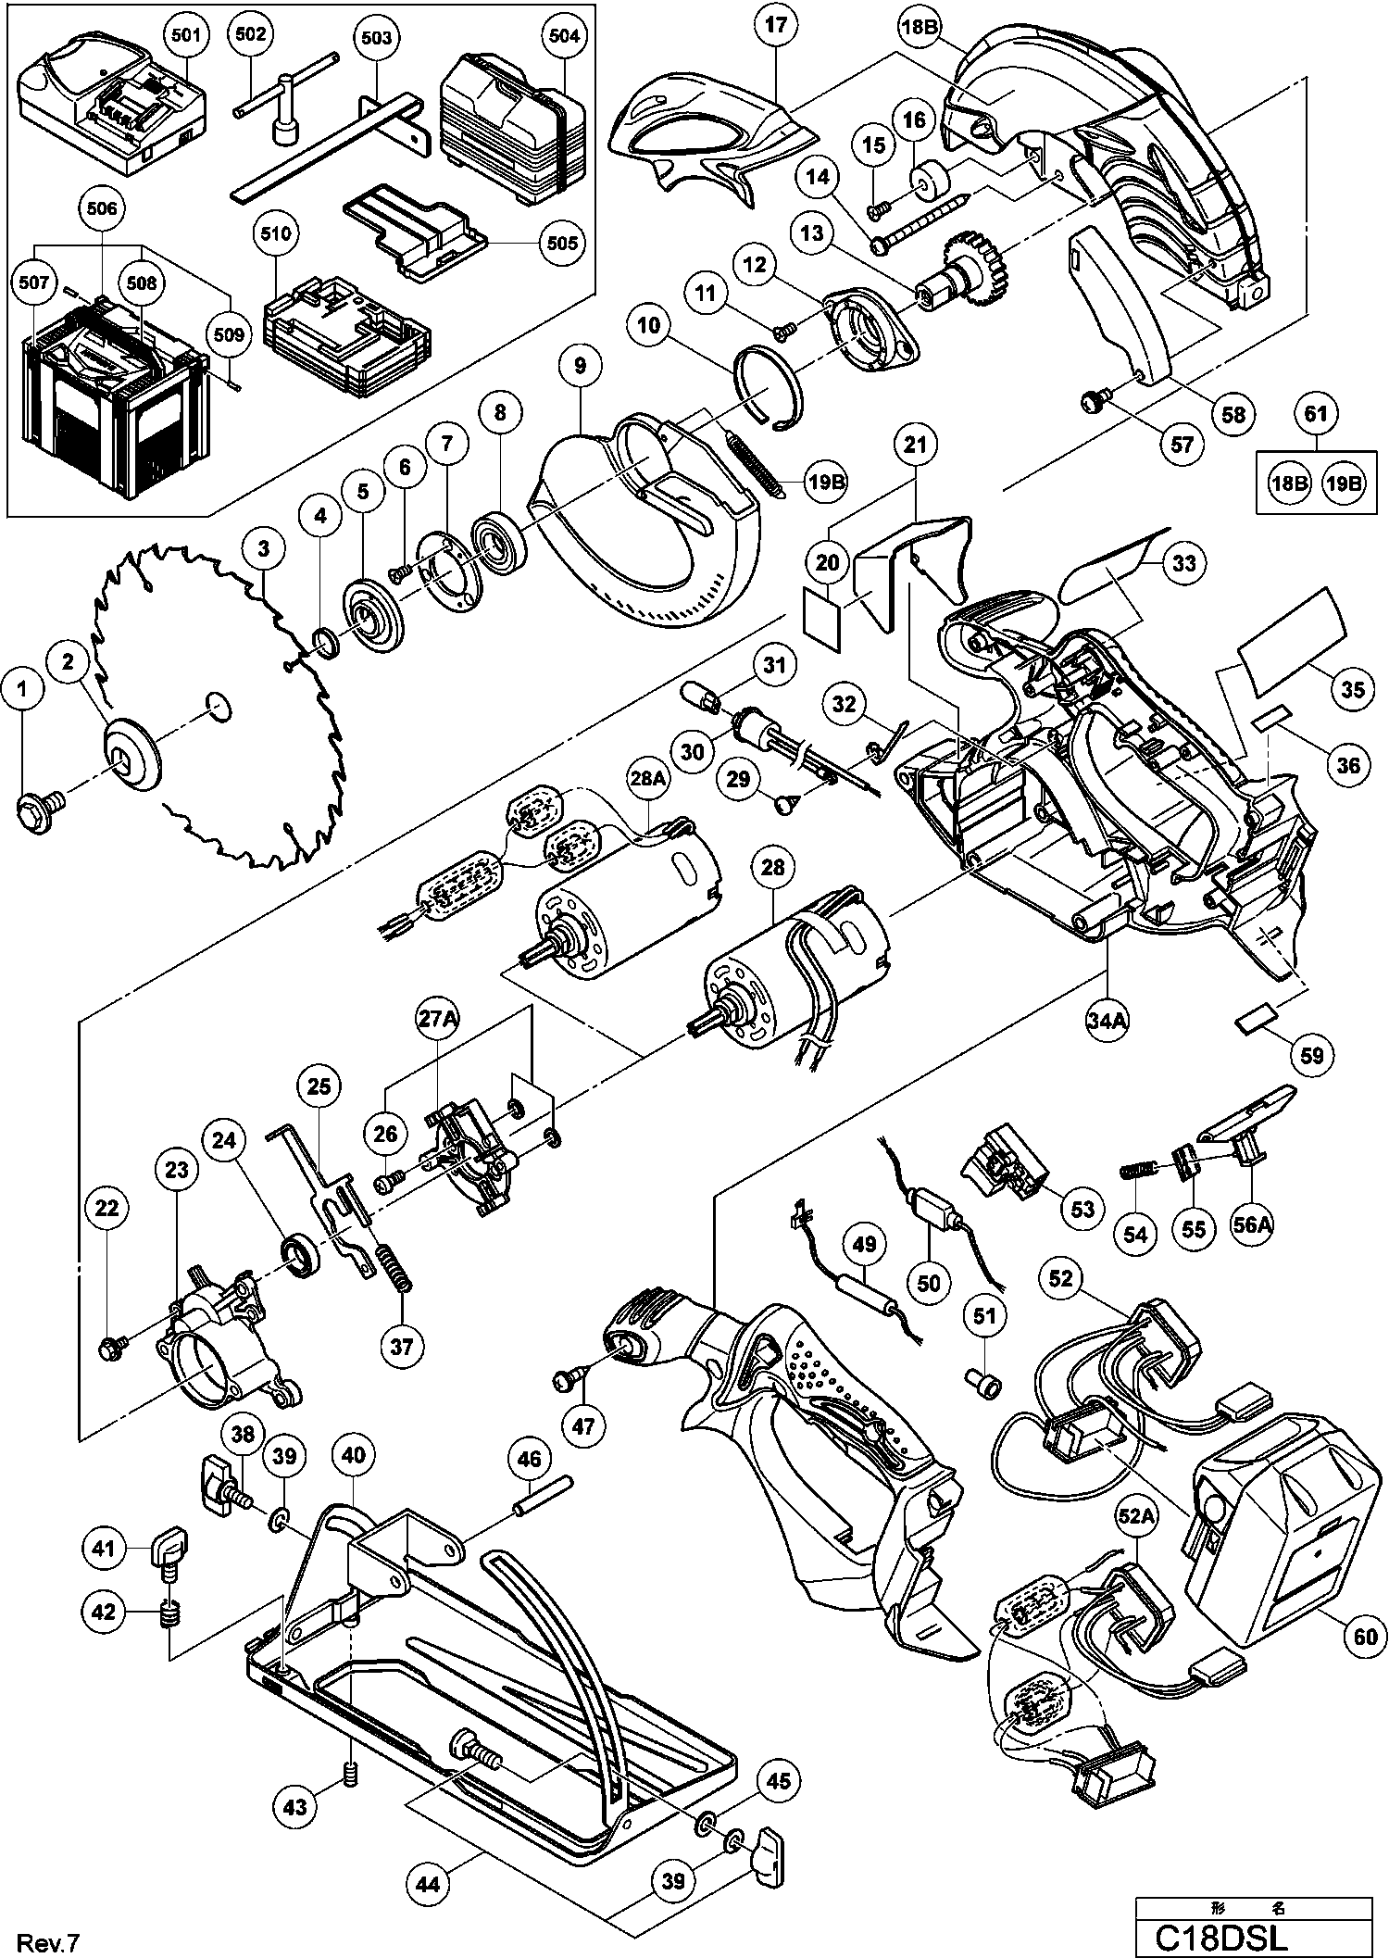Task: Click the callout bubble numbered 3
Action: [264, 548]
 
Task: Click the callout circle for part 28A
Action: [648, 781]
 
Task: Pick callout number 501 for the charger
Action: [185, 36]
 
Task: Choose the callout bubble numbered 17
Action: [776, 26]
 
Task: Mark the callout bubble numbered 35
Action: [1353, 689]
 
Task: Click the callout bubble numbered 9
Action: [580, 366]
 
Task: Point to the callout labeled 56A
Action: [1252, 1225]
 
